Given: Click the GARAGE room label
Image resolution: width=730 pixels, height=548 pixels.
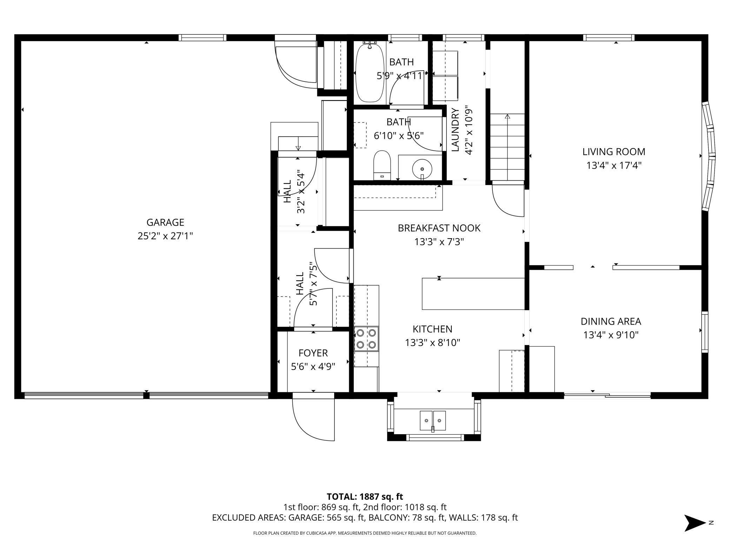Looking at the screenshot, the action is pyautogui.click(x=165, y=222).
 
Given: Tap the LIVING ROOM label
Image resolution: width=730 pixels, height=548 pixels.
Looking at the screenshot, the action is pyautogui.click(x=614, y=152).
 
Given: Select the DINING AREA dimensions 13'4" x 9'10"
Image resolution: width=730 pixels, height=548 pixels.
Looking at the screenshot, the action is pyautogui.click(x=611, y=335).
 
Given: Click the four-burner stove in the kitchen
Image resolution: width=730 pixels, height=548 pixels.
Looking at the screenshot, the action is pyautogui.click(x=366, y=339).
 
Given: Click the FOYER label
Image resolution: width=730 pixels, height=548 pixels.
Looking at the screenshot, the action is pyautogui.click(x=313, y=353).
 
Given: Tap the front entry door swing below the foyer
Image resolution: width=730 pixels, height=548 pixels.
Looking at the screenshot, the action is pyautogui.click(x=313, y=417).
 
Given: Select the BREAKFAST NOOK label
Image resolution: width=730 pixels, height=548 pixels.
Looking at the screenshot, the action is pyautogui.click(x=439, y=228).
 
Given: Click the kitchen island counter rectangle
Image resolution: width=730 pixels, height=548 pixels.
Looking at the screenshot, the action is pyautogui.click(x=473, y=294).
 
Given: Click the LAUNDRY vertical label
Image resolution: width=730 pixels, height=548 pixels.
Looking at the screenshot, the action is pyautogui.click(x=455, y=130).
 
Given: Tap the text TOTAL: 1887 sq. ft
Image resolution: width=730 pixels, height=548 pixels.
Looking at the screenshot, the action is pyautogui.click(x=365, y=497).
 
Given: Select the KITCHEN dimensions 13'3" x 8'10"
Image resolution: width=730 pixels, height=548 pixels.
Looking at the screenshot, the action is pyautogui.click(x=432, y=342).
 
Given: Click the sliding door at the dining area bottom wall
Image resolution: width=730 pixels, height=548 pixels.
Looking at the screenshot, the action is pyautogui.click(x=607, y=396).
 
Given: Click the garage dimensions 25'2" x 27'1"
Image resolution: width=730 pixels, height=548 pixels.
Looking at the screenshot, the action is pyautogui.click(x=165, y=236).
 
